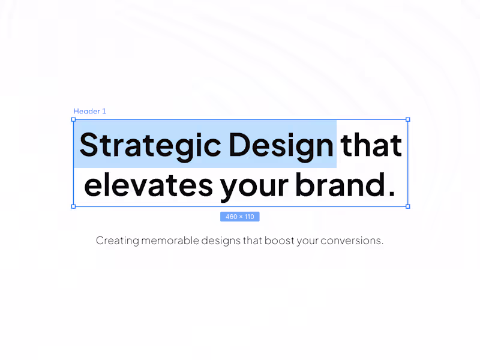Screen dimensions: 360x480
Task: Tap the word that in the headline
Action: click(371, 146)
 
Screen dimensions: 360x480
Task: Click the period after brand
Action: click(392, 193)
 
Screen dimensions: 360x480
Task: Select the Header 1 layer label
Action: click(90, 112)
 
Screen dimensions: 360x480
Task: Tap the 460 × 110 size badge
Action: click(239, 217)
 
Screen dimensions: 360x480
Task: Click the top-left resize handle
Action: click(74, 119)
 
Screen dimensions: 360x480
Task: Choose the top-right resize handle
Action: click(408, 119)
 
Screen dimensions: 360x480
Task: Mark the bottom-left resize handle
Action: click(74, 206)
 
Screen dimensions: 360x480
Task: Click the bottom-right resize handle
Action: click(408, 206)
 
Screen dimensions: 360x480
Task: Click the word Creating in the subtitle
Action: click(118, 241)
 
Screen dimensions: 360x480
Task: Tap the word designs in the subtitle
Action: click(221, 241)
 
